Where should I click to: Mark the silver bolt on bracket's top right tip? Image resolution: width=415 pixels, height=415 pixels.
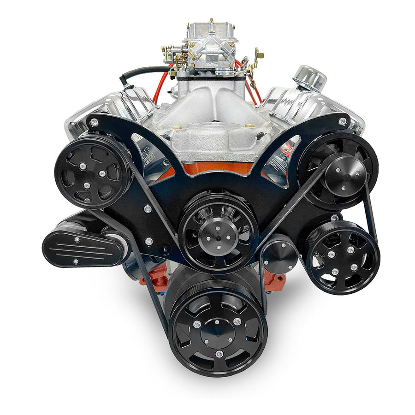point(342,121)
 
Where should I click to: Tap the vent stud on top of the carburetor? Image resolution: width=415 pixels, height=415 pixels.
point(211,22)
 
